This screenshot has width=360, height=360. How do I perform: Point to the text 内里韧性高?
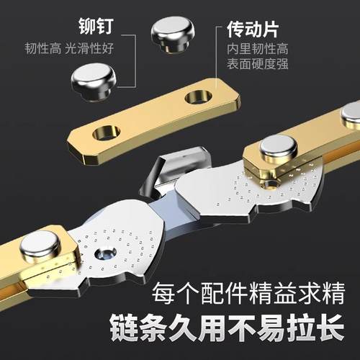click(x=256, y=53)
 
